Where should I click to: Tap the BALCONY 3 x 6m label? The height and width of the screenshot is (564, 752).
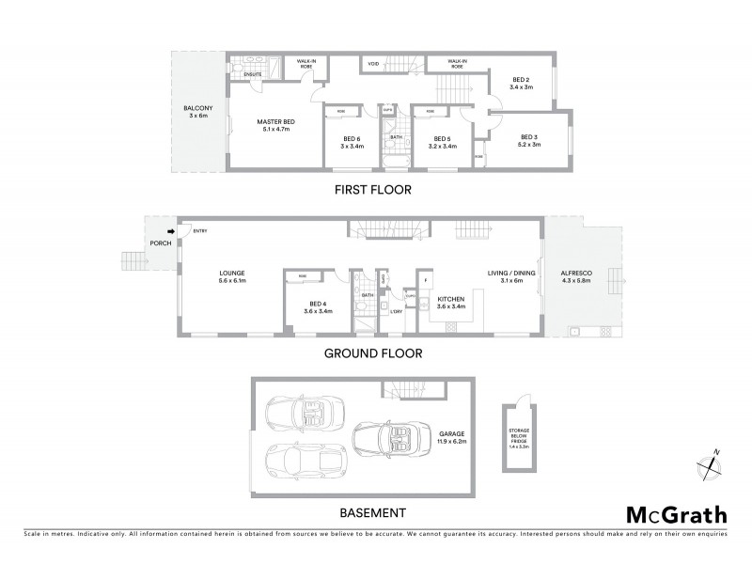point(197,112)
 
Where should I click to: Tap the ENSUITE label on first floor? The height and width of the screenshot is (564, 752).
point(252,71)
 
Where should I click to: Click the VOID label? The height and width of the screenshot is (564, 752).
point(373,64)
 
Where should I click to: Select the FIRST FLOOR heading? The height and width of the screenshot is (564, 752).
point(374,189)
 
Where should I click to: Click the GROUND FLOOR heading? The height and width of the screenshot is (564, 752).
point(373,354)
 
